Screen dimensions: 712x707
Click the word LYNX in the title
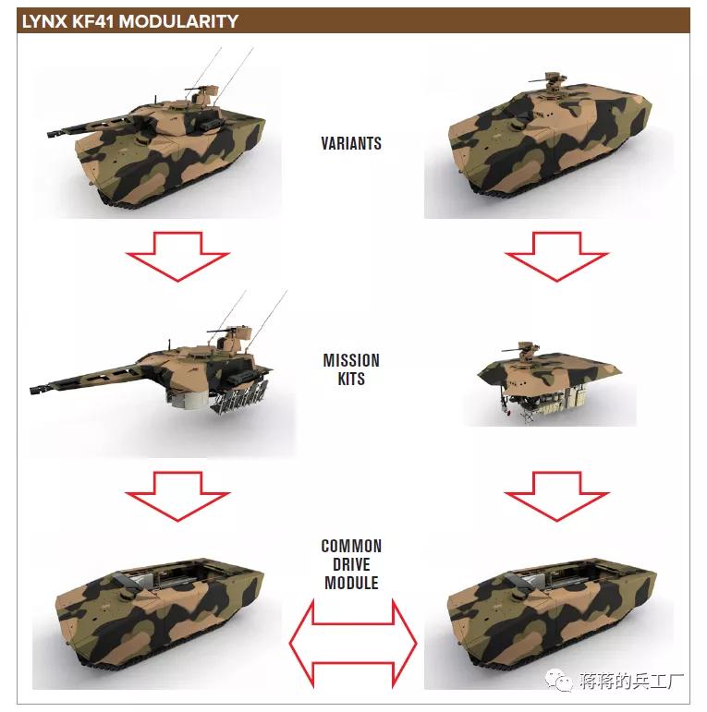pos(42,20)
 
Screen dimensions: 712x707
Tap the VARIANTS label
pos(351,143)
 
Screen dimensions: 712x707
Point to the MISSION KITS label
pos(351,369)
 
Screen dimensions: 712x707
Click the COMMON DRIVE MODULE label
pos(351,564)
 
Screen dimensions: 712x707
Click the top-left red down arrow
pos(177,255)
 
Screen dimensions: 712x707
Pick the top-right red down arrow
pos(555,255)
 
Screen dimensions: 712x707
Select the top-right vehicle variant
pos(550,148)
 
